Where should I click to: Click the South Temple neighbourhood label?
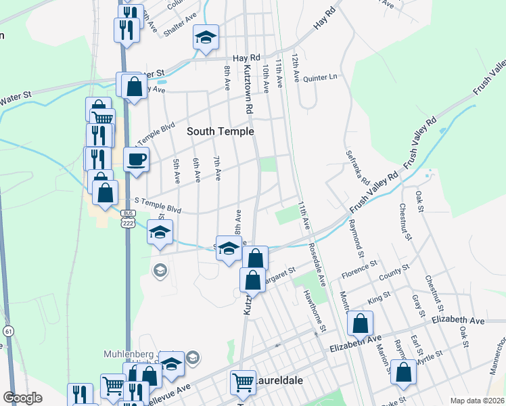[221, 131]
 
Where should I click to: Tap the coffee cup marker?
[137, 160]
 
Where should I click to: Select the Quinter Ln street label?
[321, 77]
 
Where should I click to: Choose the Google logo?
[22, 398]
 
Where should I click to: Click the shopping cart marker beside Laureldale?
[243, 382]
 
